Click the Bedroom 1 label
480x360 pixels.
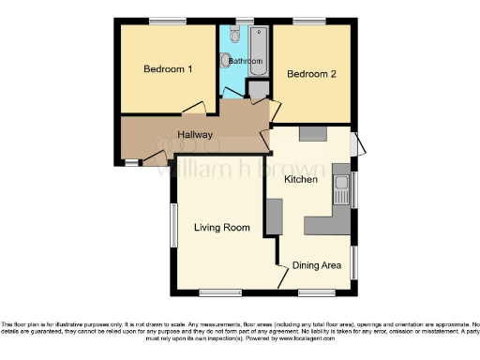pyautogui.click(x=168, y=69)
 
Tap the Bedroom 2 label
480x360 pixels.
pyautogui.click(x=312, y=74)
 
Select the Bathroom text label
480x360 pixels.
pyautogui.click(x=246, y=61)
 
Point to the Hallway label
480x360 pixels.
pyautogui.click(x=195, y=135)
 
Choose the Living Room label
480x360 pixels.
pyautogui.click(x=221, y=228)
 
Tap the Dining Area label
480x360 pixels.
pyautogui.click(x=316, y=266)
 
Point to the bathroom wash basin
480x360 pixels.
pyautogui.click(x=225, y=61)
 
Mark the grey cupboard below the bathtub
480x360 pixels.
pyautogui.click(x=256, y=90)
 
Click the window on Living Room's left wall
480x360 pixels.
pyautogui.click(x=172, y=225)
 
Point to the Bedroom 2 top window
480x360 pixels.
pyautogui.click(x=307, y=22)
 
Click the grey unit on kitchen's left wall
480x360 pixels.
pyautogui.click(x=274, y=217)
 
